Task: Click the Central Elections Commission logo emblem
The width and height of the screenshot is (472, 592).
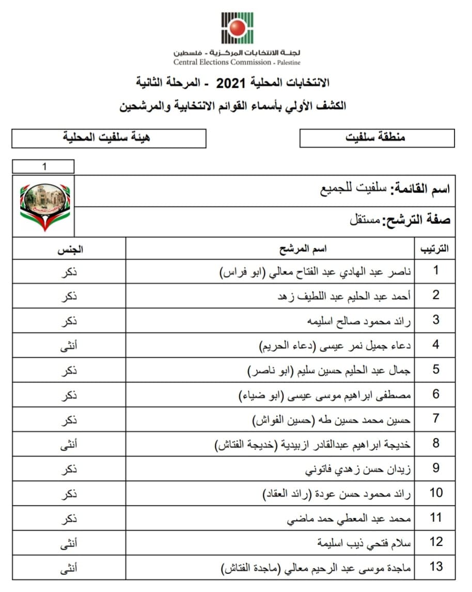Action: [x=237, y=28]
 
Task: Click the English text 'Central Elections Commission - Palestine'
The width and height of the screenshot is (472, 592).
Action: [x=237, y=62]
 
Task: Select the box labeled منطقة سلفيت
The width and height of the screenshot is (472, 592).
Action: [x=376, y=138]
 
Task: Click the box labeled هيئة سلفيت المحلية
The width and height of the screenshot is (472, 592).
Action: [x=108, y=138]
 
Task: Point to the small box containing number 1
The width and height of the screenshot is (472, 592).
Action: [x=43, y=167]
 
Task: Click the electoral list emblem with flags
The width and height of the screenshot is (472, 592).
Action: [x=44, y=206]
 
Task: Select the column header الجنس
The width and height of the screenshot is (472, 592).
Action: [x=70, y=249]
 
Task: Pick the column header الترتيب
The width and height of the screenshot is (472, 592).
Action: [x=435, y=249]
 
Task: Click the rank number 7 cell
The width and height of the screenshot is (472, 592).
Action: [x=436, y=419]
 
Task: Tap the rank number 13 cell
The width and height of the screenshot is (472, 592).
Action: [x=436, y=567]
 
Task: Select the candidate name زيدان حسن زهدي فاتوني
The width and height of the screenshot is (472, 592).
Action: [x=359, y=469]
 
